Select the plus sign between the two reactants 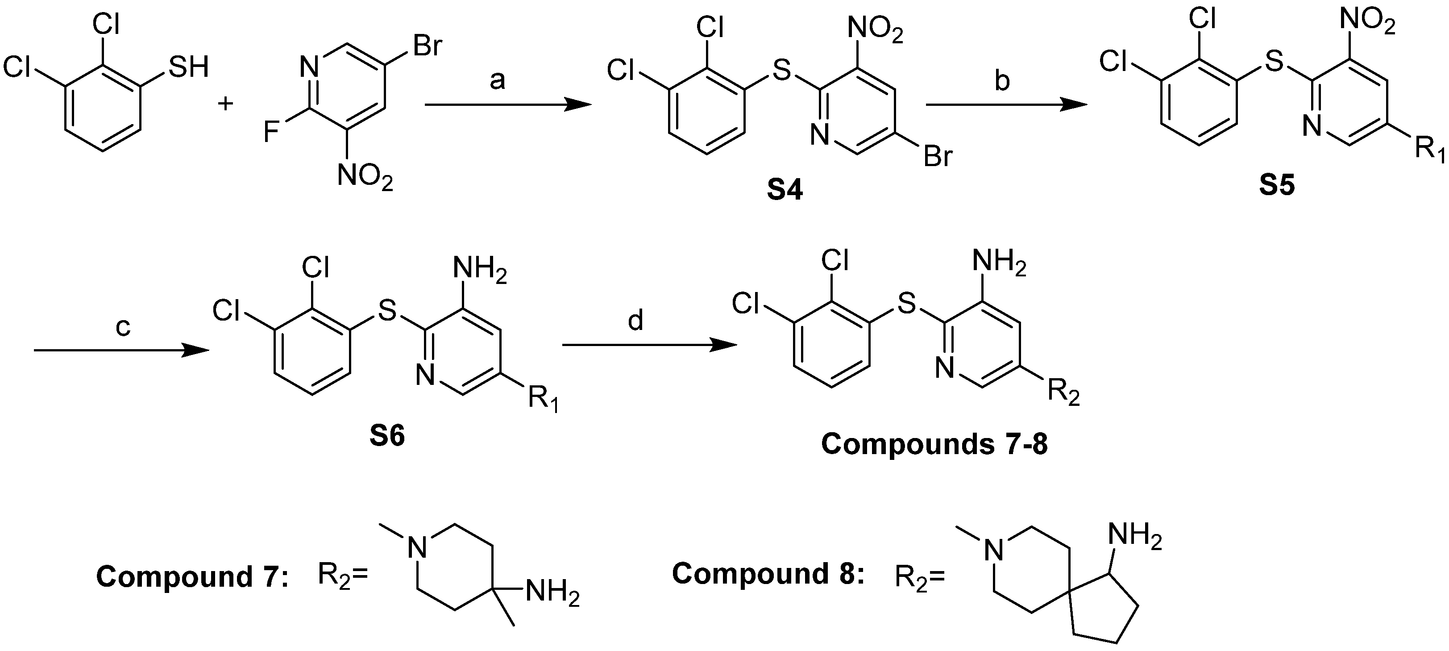pos(225,104)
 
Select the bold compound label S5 pos(1277,186)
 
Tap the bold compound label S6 pos(387,437)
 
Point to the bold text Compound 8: pos(768,574)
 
